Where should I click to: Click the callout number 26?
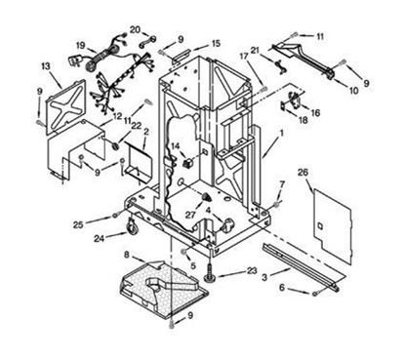(x=303, y=173)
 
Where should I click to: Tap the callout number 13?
(x=45, y=65)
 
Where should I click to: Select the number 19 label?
(x=81, y=45)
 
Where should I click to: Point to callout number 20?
(x=135, y=29)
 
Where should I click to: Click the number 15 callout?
(x=216, y=44)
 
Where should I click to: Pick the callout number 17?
(x=246, y=56)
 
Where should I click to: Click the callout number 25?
(x=77, y=224)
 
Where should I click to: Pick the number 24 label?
(x=99, y=238)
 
